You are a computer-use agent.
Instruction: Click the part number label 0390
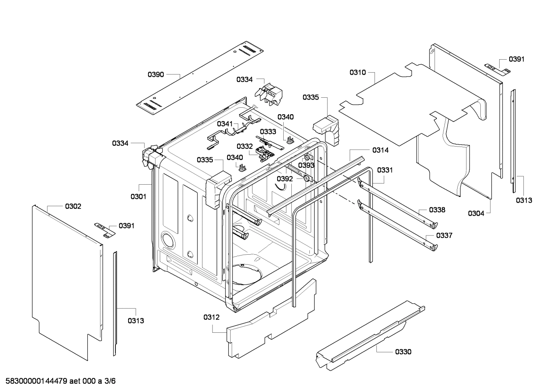tap(156, 74)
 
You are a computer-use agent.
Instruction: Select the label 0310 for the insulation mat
tap(358, 72)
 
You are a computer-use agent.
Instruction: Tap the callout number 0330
tap(403, 352)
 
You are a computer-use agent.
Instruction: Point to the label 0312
tap(211, 317)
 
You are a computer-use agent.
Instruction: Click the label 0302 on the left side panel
tap(73, 207)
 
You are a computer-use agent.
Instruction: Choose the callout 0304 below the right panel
tap(476, 214)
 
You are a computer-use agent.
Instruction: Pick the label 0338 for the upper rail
tap(437, 210)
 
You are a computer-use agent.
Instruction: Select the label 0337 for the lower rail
tap(444, 235)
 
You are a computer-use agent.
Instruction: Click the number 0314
tap(380, 150)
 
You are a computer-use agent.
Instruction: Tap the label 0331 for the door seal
tap(385, 170)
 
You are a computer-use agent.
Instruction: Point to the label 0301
tap(138, 197)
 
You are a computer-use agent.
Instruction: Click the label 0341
tap(225, 123)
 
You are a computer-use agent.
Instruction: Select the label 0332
tap(244, 147)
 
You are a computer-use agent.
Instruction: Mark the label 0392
tap(285, 179)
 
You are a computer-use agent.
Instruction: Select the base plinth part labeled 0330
tap(369, 335)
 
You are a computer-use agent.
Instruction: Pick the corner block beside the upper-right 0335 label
tap(326, 129)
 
